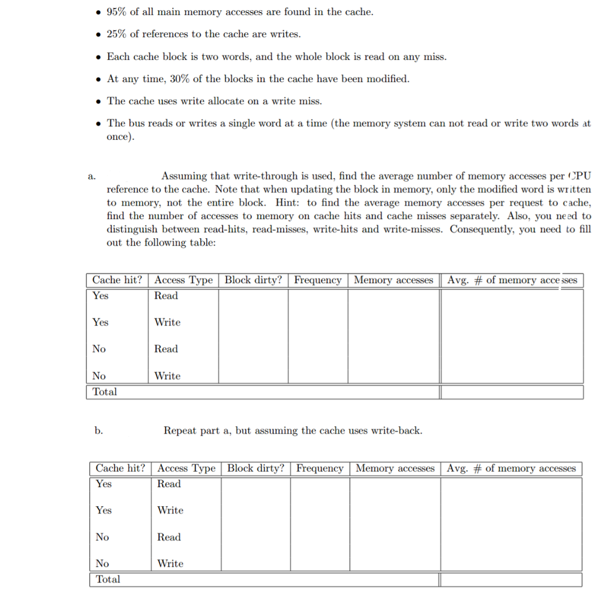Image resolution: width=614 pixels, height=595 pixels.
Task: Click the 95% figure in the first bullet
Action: pyautogui.click(x=118, y=12)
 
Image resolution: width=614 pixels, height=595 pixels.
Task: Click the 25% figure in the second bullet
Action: pyautogui.click(x=118, y=34)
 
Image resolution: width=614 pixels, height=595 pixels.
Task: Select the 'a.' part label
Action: pyautogui.click(x=91, y=177)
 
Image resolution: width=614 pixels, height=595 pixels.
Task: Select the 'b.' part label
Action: pyautogui.click(x=98, y=431)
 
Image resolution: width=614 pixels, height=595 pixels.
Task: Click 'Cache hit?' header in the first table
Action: pyautogui.click(x=118, y=280)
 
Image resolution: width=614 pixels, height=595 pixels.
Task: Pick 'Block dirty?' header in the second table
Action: pyautogui.click(x=256, y=468)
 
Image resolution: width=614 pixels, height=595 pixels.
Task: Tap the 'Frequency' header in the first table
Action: pyautogui.click(x=318, y=280)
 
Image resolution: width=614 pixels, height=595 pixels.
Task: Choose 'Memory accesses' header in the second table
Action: pyautogui.click(x=395, y=468)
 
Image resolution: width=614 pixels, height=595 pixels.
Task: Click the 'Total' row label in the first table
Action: pyautogui.click(x=105, y=392)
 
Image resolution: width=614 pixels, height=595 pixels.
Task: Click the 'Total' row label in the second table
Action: pyautogui.click(x=108, y=579)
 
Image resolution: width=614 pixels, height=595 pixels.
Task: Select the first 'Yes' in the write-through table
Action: pyautogui.click(x=101, y=296)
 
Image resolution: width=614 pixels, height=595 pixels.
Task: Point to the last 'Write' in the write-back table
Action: pyautogui.click(x=170, y=563)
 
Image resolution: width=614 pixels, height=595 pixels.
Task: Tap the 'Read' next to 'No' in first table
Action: pyautogui.click(x=166, y=349)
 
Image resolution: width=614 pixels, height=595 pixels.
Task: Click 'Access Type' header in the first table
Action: pyautogui.click(x=183, y=280)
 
